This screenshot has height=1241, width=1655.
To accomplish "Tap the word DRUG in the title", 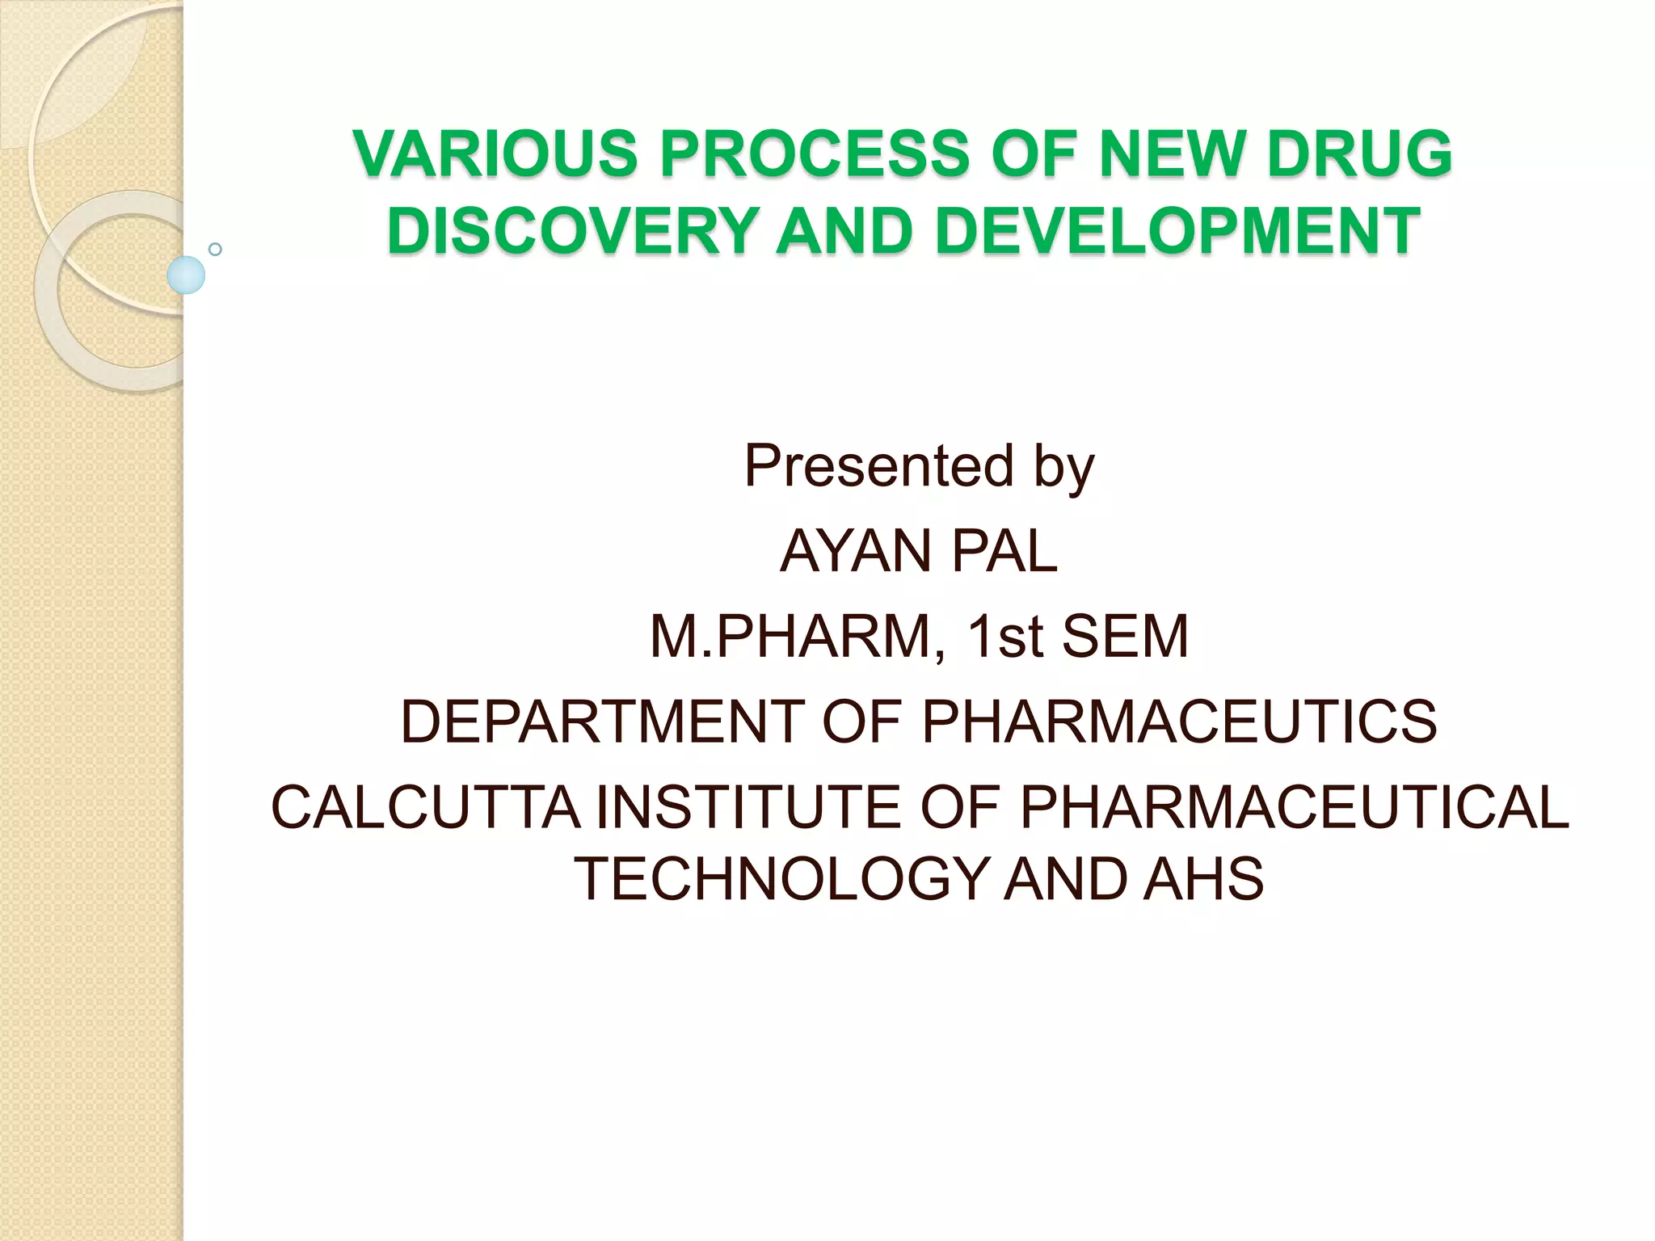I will [x=1359, y=154].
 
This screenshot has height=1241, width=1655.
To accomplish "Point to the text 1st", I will [x=1005, y=637].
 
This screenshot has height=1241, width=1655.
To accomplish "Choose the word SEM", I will [x=1125, y=637].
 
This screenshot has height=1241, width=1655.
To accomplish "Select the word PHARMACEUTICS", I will [x=1179, y=722].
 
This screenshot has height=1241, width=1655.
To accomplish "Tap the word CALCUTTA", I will [x=425, y=807].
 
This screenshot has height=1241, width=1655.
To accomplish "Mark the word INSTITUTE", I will [x=748, y=807].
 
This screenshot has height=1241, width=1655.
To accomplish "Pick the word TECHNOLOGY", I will [x=780, y=879].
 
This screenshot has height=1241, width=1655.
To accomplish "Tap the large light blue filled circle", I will [x=186, y=275].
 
